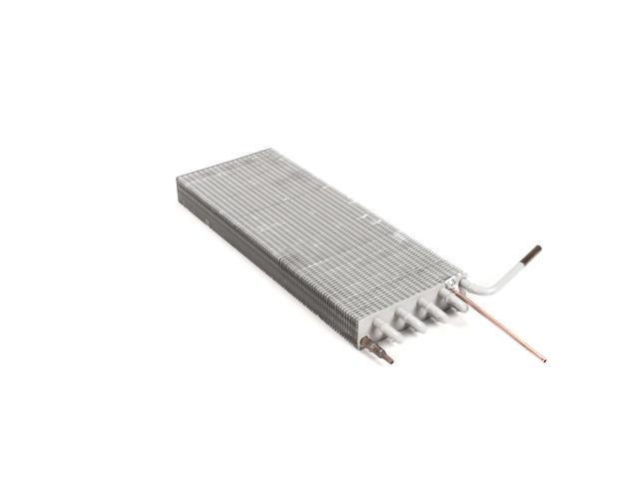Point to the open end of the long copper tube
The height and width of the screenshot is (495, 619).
coord(543,357)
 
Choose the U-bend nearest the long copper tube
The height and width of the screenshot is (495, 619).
coord(455,301)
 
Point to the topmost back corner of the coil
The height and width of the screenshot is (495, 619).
coord(269,150)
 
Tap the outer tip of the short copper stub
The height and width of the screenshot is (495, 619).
coord(389,359)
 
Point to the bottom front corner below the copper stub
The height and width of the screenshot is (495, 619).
coord(359,344)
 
